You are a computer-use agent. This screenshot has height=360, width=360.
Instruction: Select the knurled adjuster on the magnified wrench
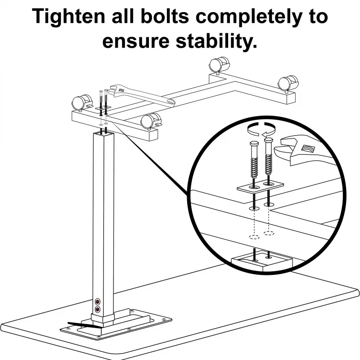coord(308,147)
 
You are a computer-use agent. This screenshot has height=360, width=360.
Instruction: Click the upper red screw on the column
coord(98,301)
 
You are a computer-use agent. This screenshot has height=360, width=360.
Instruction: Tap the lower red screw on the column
coord(98,309)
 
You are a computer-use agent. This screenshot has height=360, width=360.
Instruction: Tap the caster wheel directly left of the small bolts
coord(80,101)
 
